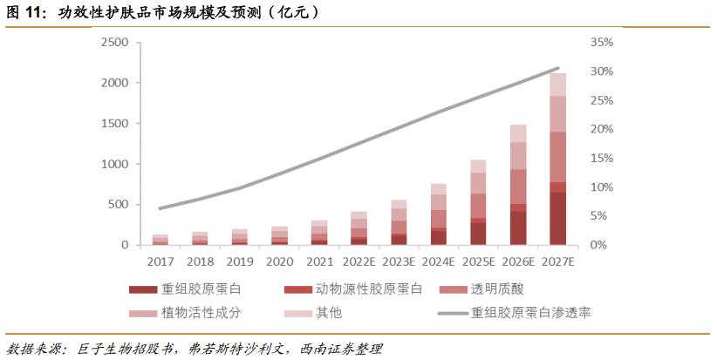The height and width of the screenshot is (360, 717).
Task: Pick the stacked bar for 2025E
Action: (478, 202)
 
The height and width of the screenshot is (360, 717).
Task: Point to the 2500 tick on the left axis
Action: (115, 42)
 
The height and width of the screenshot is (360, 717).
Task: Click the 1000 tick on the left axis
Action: (115, 164)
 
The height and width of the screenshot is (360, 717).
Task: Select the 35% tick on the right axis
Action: (602, 42)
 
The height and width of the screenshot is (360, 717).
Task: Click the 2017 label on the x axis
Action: (160, 261)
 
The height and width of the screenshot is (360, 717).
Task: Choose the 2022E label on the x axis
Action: (358, 261)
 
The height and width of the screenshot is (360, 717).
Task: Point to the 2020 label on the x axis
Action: (279, 261)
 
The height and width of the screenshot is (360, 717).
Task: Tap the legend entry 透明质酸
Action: (488, 289)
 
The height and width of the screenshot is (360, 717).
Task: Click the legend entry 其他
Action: (305, 311)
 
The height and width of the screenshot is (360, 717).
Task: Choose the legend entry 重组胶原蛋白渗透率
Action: (515, 311)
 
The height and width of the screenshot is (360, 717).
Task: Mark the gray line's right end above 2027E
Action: (558, 68)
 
